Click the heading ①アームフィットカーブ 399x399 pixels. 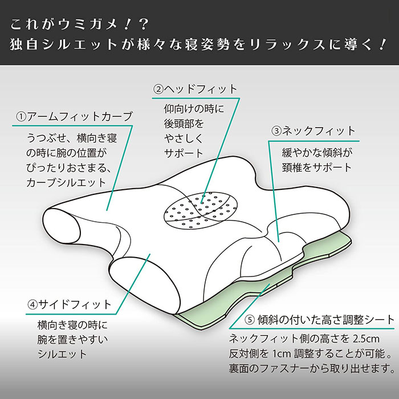tap(75, 117)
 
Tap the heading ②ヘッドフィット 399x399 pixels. tap(194, 89)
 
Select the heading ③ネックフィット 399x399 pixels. tap(313, 131)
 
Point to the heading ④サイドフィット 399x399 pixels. tap(70, 304)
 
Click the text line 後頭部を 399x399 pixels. tap(184, 123)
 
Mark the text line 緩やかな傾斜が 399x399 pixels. tap(317, 153)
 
